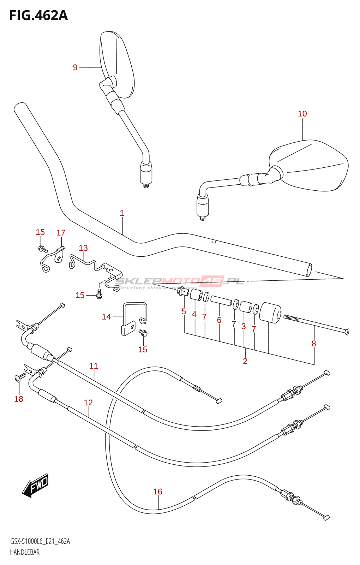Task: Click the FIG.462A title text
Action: pos(38,16)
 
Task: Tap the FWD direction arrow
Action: pos(36,485)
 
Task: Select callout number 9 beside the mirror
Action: pos(75,67)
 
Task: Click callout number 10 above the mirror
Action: pos(302,114)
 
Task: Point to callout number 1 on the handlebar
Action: pos(122,213)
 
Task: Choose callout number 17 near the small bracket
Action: pos(61,233)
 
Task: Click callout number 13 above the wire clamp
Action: pos(83,248)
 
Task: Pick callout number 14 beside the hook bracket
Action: pos(106,317)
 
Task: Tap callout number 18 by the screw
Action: pos(19,399)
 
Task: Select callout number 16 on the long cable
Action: pos(158,492)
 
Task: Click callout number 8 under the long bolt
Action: pos(314,343)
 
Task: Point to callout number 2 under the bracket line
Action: pos(245,361)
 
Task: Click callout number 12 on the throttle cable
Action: pos(88,403)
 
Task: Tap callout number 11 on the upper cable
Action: pos(94,366)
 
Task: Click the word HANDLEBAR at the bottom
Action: pos(25,552)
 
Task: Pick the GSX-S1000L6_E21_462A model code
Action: pos(40,541)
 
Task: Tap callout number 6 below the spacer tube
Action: pos(219,320)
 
